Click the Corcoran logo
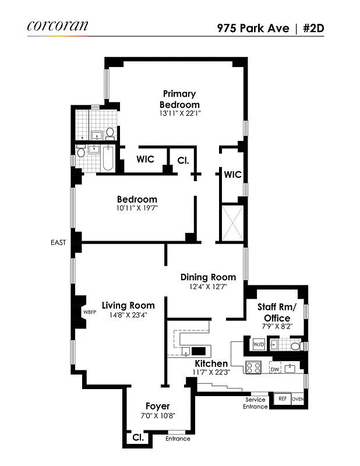tap(57, 26)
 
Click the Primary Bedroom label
tap(179, 98)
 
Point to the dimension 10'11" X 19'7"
tap(137, 207)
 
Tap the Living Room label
tap(128, 305)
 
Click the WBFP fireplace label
tap(90, 312)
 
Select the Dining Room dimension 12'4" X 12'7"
tap(208, 286)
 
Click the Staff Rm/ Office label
tap(277, 312)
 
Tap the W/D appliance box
tap(258, 345)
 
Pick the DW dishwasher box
tap(274, 368)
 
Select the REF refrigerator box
tap(282, 399)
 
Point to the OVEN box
tap(298, 399)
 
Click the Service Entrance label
tap(255, 403)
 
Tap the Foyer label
tap(158, 406)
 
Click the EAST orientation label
tap(58, 242)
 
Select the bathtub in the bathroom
tap(108, 157)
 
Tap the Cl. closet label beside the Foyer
tap(138, 436)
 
